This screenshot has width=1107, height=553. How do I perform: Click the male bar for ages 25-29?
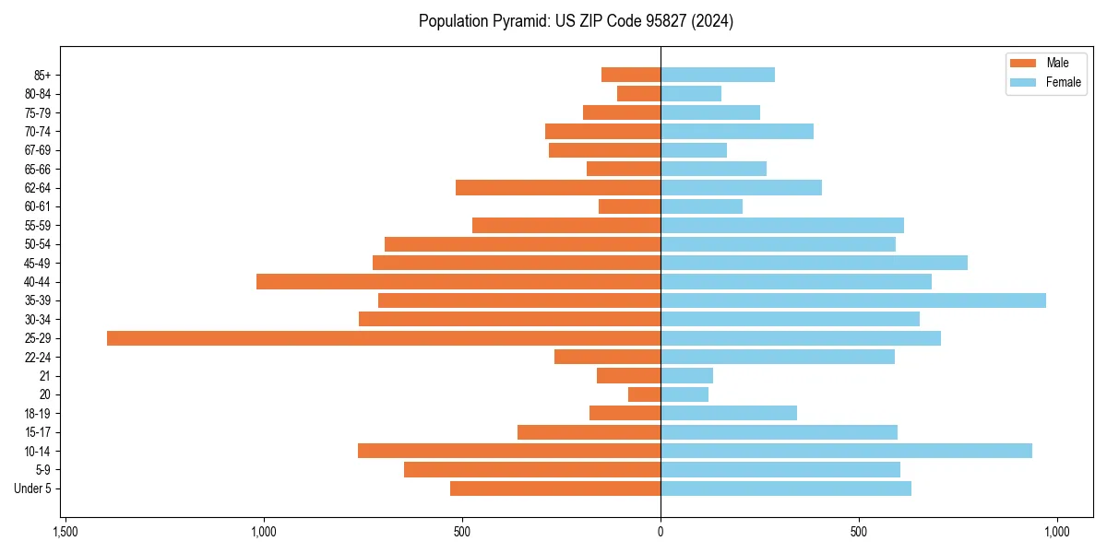coord(383,338)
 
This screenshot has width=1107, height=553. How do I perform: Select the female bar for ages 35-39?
coord(853,300)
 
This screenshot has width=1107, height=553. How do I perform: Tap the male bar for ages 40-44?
coord(458,281)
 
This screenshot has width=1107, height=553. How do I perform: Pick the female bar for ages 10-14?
coord(846,451)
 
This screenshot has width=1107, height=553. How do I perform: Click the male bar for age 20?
coord(645,394)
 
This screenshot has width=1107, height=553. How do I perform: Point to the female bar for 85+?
coord(718,75)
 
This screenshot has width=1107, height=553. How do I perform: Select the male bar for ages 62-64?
coord(558,188)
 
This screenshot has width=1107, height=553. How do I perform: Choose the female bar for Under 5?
coord(786,488)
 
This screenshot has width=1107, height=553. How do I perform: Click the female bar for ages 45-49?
coord(814,263)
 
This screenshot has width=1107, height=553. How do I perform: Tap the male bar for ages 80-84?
coord(639,93)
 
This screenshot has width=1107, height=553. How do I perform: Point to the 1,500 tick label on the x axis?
coord(65,533)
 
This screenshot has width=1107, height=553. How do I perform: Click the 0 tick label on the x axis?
coord(661,533)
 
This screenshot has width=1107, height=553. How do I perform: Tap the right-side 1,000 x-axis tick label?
coord(1056,533)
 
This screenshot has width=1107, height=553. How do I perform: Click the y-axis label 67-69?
coord(38,150)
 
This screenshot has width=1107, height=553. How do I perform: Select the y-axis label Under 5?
coord(32,488)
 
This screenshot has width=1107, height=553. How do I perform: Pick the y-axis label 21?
coord(45,376)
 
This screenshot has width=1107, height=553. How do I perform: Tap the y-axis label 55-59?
coord(38,226)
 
